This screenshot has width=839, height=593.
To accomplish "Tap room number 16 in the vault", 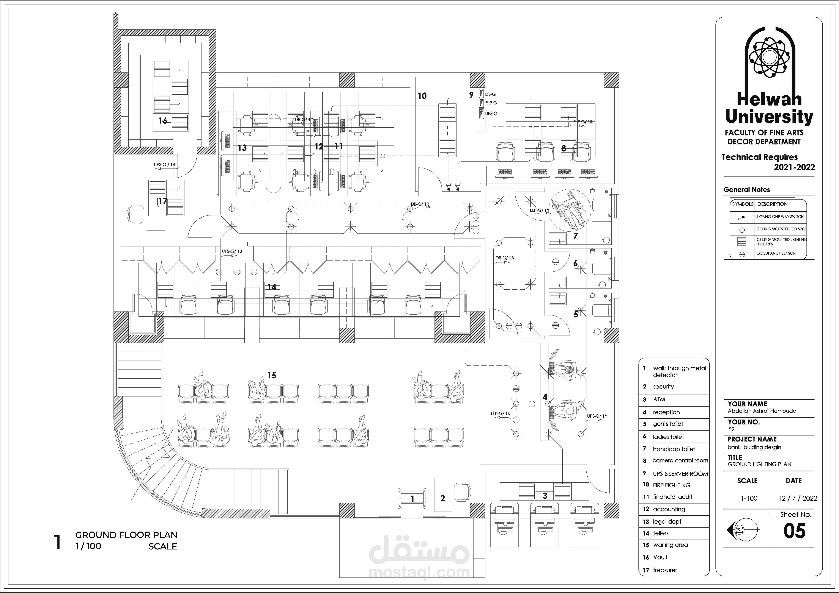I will (x=163, y=120).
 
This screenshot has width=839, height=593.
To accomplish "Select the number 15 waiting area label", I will (x=272, y=375).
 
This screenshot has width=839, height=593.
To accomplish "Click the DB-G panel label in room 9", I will (x=490, y=94).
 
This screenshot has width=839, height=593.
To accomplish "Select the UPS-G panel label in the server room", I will (x=491, y=114).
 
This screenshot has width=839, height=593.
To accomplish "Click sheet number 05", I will (x=794, y=531).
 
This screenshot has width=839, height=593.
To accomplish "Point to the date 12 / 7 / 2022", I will (x=797, y=498).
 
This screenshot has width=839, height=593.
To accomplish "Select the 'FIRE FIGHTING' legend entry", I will (x=672, y=485).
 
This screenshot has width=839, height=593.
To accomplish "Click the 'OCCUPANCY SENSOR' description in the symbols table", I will (x=776, y=253).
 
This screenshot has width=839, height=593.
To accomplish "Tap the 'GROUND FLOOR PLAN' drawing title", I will (x=126, y=535).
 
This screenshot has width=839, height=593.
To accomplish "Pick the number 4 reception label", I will (x=545, y=397).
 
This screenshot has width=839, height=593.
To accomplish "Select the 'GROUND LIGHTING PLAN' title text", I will (x=759, y=464).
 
